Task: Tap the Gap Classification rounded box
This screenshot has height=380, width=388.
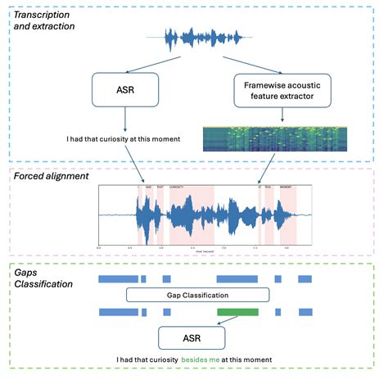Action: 197,295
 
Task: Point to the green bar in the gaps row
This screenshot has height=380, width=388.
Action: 237,311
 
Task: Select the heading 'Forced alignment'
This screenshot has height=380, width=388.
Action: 52,176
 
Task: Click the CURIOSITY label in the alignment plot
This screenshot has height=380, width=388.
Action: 176,189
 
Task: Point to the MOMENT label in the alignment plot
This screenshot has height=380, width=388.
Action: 286,189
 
